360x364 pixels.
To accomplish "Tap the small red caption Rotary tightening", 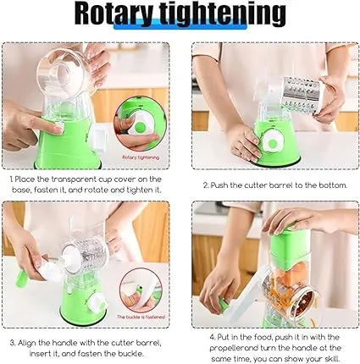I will click(140, 157).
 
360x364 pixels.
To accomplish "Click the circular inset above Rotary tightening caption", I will click(139, 124).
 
